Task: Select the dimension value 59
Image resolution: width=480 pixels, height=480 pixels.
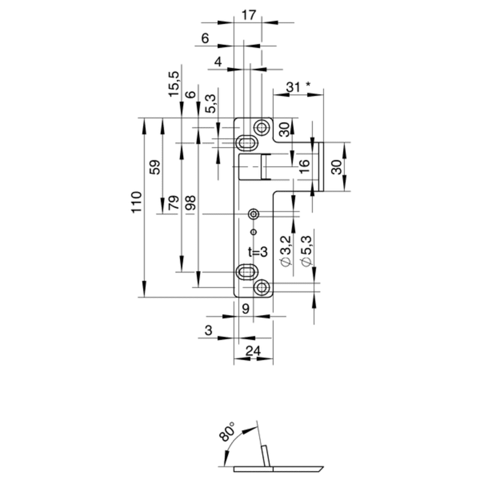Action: [155, 167]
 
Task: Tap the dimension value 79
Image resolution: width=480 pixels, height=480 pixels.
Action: [174, 203]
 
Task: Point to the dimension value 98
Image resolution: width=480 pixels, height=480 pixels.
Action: [191, 203]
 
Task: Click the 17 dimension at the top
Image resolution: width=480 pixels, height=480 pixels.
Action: [248, 16]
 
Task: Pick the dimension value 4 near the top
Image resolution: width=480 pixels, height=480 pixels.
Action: [218, 62]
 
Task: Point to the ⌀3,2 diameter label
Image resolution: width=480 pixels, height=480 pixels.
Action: [286, 251]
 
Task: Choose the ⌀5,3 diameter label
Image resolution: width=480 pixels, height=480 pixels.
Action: [305, 251]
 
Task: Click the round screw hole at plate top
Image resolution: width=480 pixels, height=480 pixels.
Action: [262, 127]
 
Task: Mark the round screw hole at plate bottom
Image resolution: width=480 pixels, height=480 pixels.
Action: [261, 288]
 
